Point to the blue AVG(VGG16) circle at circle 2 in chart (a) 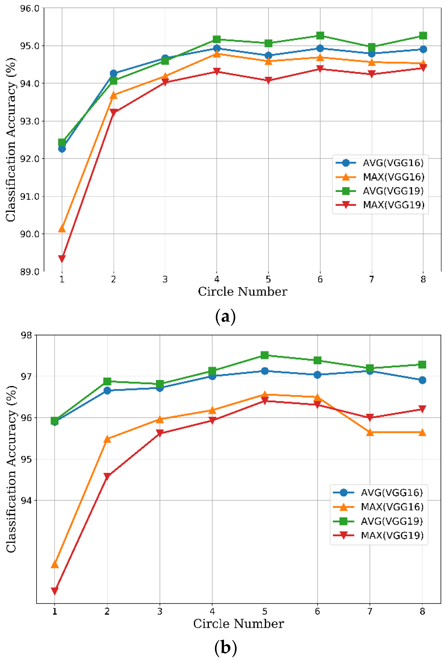tap(114, 73)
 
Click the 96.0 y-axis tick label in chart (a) tap(30, 8)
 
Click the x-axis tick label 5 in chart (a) tap(268, 279)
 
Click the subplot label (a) tap(225, 317)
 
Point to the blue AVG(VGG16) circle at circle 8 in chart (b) tap(422, 380)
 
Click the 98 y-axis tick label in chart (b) tap(26, 335)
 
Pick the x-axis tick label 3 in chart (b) tap(160, 611)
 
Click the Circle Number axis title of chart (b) tap(239, 624)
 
